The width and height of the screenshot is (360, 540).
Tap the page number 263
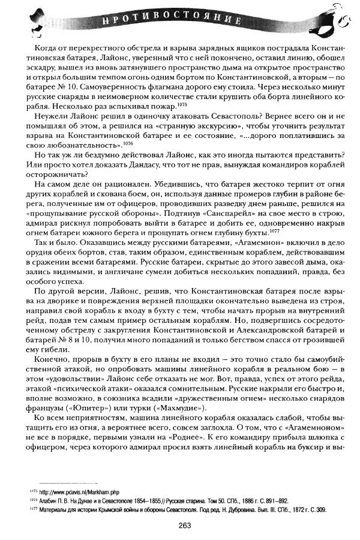[x=184, y=526]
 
